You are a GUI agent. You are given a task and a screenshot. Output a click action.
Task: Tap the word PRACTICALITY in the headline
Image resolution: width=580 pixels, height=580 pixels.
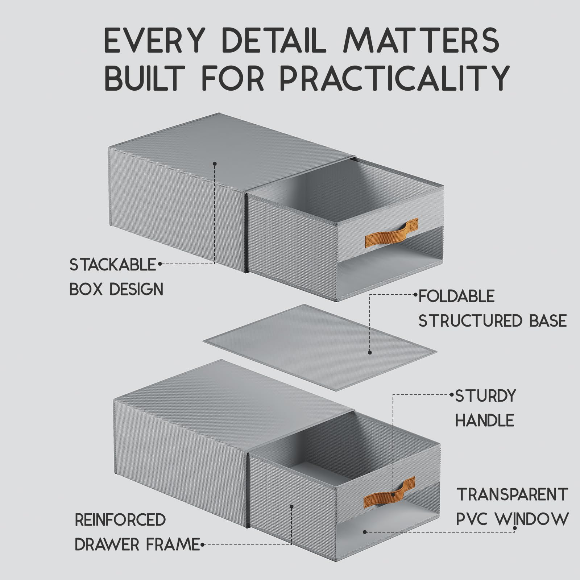[395, 78]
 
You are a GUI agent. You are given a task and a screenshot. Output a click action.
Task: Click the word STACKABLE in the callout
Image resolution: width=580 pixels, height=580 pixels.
[113, 265]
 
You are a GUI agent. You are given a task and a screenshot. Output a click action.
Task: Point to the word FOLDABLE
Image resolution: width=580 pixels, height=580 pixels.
[457, 296]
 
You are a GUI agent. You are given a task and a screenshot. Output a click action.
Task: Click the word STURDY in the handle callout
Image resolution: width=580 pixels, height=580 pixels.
[485, 396]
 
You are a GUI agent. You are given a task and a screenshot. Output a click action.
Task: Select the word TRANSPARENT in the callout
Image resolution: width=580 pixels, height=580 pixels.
[512, 495]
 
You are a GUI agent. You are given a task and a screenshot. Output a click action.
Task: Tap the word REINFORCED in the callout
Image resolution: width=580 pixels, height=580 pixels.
[120, 520]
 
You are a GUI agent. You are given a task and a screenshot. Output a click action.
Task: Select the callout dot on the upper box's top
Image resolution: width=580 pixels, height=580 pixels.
[215, 164]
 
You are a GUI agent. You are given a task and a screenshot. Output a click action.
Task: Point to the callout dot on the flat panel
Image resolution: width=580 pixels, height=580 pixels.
[370, 352]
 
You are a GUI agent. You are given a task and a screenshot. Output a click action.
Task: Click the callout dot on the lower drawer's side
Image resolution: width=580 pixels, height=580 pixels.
[291, 506]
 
